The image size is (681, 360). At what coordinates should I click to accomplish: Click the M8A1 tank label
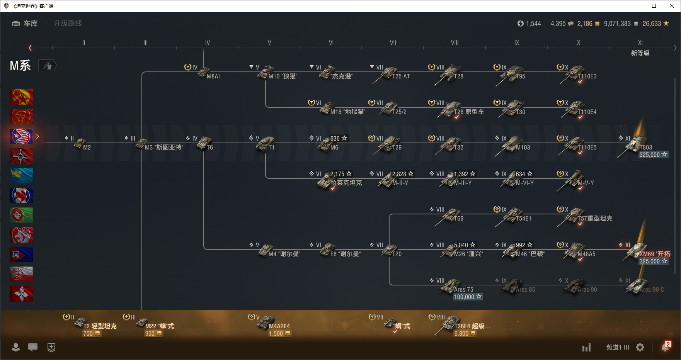tap(214, 76)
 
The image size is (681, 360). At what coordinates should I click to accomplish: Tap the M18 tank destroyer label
tap(347, 112)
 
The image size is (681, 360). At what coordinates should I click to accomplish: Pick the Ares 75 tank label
tap(463, 289)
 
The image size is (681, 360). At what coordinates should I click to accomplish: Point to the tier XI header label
tap(640, 43)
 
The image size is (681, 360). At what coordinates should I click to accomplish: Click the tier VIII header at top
tap(455, 43)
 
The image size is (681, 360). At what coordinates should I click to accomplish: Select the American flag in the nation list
tap(21, 136)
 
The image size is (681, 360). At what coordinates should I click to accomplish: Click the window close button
tap(672, 6)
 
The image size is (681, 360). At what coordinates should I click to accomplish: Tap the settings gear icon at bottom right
tap(640, 347)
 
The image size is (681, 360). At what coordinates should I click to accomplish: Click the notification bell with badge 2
tap(665, 347)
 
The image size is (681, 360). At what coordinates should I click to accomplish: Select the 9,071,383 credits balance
tap(617, 24)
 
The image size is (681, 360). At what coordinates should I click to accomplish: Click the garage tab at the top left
tap(25, 24)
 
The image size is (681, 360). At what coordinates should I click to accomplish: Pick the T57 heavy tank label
tap(595, 219)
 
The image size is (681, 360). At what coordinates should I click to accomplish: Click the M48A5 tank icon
tap(574, 251)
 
